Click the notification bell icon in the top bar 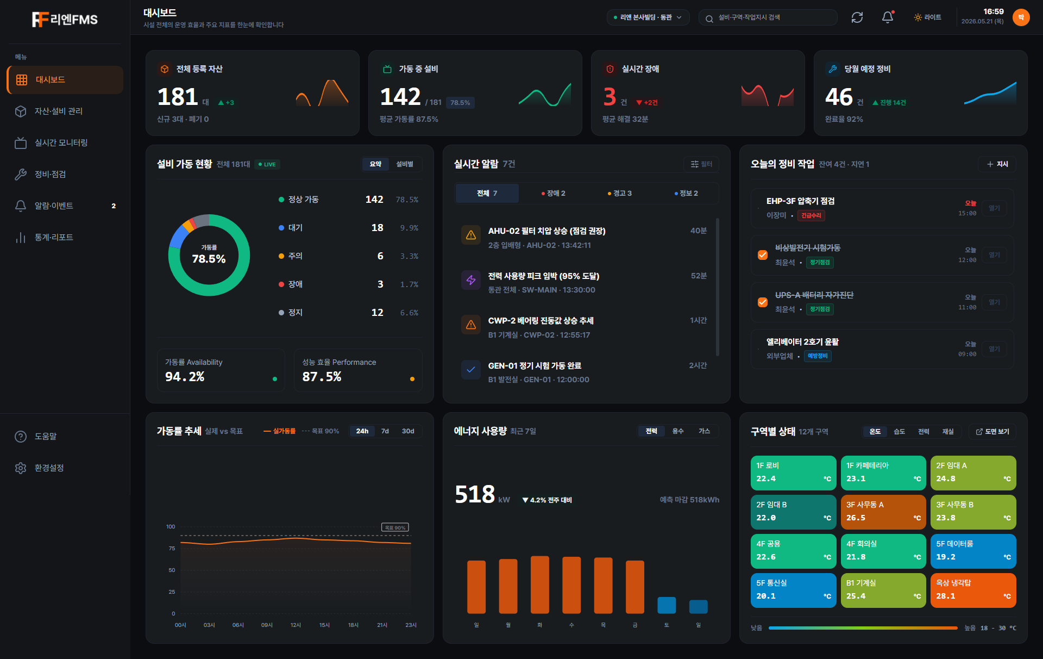(x=888, y=17)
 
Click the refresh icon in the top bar (x=857, y=17)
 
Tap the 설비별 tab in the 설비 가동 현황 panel (x=405, y=164)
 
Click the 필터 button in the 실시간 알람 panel (x=701, y=164)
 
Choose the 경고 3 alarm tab (x=619, y=194)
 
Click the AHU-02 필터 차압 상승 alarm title (x=546, y=231)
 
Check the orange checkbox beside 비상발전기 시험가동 (x=763, y=255)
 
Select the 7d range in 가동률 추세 (x=385, y=431)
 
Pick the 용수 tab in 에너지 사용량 (x=678, y=431)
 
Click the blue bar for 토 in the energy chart (x=667, y=605)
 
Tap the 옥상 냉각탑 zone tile (x=973, y=590)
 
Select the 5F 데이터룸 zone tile (x=973, y=551)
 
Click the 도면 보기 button (x=992, y=432)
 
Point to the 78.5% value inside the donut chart (x=209, y=259)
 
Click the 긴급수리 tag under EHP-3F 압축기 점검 (x=811, y=216)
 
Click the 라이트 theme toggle (x=928, y=17)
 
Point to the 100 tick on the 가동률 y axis (x=171, y=527)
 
